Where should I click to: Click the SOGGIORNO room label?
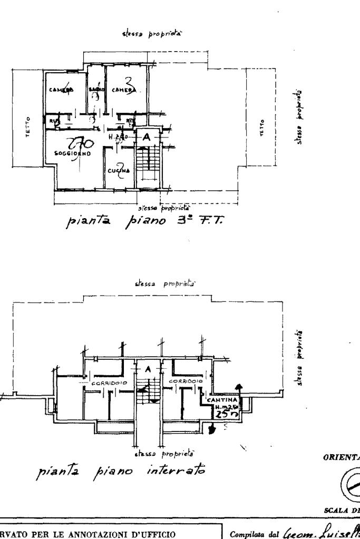[x=72, y=154]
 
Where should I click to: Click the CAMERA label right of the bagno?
[x=124, y=91]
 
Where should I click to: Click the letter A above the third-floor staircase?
[x=147, y=136]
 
